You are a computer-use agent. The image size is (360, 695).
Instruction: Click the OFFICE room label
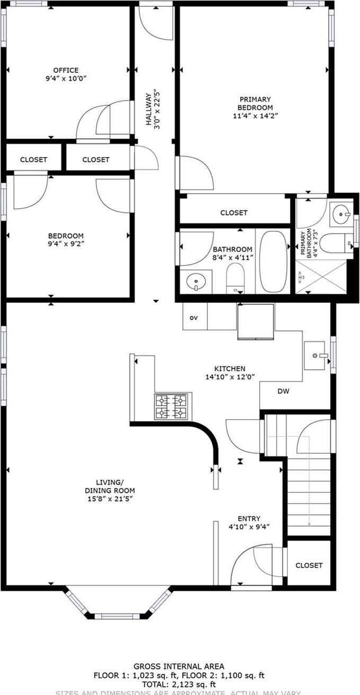(x=66, y=70)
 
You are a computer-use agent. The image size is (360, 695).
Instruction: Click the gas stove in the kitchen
(x=172, y=407)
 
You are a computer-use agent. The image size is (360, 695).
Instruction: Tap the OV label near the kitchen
(x=194, y=318)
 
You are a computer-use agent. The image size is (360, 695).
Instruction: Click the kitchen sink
(x=317, y=356)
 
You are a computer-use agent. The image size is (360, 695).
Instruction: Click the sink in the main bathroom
(x=195, y=281)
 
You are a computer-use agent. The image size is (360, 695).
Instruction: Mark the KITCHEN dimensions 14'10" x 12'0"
(x=230, y=377)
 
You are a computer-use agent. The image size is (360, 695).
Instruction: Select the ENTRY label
(x=249, y=519)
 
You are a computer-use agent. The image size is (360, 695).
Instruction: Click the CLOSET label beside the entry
(x=309, y=565)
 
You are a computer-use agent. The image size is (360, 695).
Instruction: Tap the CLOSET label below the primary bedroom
(x=233, y=213)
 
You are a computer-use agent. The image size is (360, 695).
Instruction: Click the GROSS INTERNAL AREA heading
(x=178, y=666)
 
